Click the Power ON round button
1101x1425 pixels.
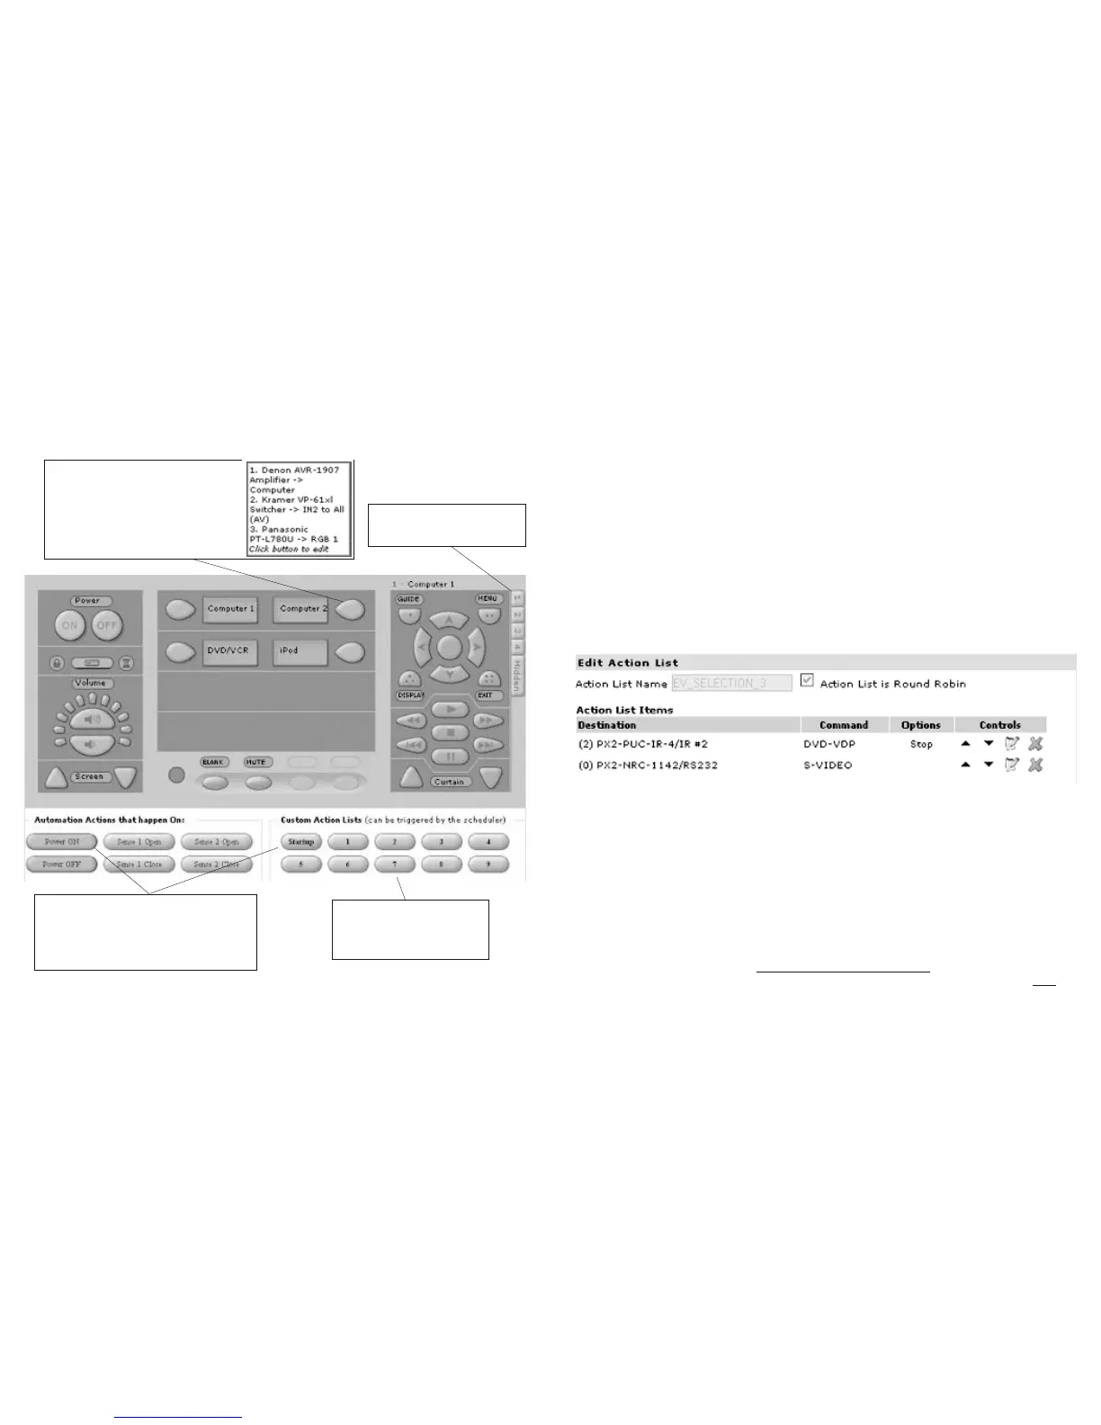click(69, 625)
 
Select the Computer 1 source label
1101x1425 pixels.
click(230, 610)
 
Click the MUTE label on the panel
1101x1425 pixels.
click(256, 762)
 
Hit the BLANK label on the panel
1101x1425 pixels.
click(212, 762)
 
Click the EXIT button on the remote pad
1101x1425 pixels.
click(486, 695)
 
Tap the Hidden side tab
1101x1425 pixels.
click(517, 675)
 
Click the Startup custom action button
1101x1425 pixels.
click(300, 842)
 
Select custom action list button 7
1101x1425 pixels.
click(394, 864)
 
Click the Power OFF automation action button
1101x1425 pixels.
click(60, 864)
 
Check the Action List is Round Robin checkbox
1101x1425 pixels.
click(807, 681)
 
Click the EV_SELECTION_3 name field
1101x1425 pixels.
click(731, 683)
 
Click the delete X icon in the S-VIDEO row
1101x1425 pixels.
click(1035, 765)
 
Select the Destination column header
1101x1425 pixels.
click(607, 725)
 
